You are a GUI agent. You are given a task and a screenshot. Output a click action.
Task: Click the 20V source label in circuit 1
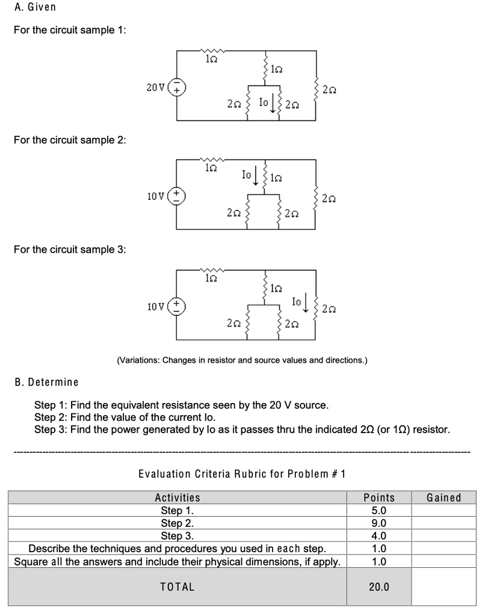click(x=155, y=88)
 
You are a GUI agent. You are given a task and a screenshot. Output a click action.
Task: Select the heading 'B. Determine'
click(x=46, y=382)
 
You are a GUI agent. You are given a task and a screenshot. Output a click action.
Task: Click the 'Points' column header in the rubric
click(x=379, y=497)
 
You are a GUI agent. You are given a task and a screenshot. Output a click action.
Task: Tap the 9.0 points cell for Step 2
click(x=379, y=523)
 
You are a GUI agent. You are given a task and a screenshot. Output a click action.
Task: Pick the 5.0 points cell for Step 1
click(x=379, y=511)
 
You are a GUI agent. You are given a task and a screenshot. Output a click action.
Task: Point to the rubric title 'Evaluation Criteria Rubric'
click(x=241, y=473)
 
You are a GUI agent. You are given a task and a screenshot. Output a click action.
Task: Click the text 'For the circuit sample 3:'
click(x=70, y=249)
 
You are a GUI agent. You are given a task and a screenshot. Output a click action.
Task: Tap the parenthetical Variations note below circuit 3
click(x=241, y=360)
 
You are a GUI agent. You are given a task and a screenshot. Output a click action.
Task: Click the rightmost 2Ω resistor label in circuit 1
click(x=329, y=90)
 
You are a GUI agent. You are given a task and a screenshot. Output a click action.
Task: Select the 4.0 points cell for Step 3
click(x=379, y=536)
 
